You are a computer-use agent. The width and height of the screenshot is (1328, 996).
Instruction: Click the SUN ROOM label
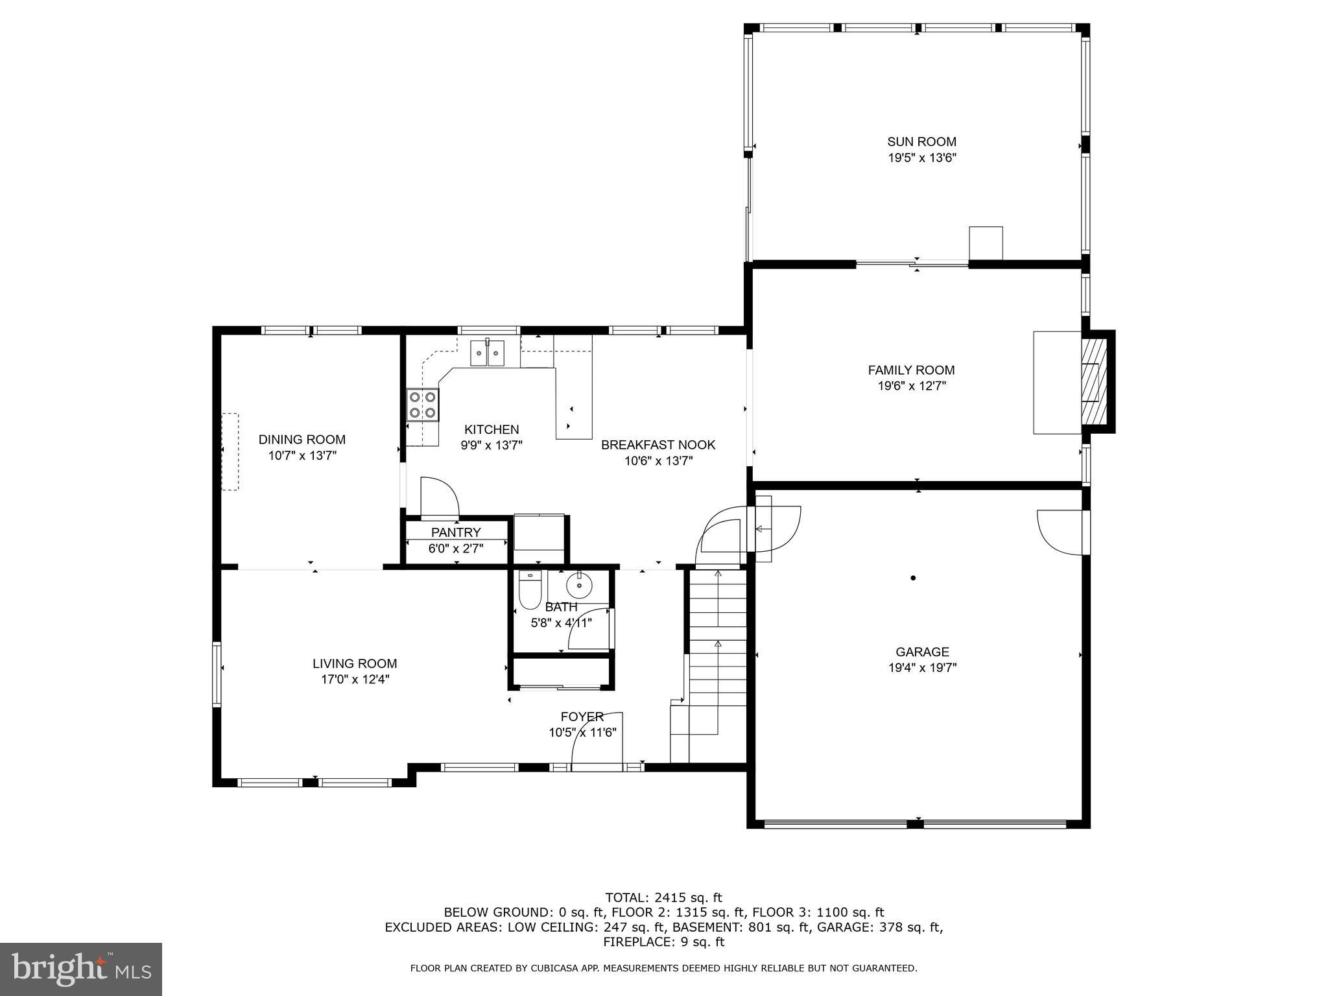(x=921, y=141)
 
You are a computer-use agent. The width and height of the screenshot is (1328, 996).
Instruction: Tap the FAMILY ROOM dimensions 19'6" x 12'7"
(x=911, y=386)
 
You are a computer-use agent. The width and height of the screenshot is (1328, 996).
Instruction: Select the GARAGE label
(x=921, y=652)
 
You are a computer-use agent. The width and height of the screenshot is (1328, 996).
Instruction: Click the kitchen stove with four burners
(x=422, y=405)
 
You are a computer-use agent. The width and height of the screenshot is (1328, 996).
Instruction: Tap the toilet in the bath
(x=530, y=591)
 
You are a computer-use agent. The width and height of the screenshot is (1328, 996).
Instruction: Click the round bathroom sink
(x=578, y=586)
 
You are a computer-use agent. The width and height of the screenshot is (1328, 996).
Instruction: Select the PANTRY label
(x=456, y=532)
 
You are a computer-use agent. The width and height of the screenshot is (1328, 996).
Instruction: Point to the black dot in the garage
(x=913, y=578)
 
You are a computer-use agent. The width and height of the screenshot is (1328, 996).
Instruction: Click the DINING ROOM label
(x=302, y=440)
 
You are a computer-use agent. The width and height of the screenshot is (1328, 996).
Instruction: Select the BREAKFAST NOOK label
(x=658, y=445)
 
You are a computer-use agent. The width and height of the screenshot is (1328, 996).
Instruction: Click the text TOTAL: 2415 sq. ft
(x=663, y=897)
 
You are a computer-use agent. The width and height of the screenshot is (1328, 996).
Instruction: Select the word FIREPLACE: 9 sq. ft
(x=663, y=942)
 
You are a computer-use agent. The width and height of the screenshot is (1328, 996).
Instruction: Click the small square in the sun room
(x=986, y=243)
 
